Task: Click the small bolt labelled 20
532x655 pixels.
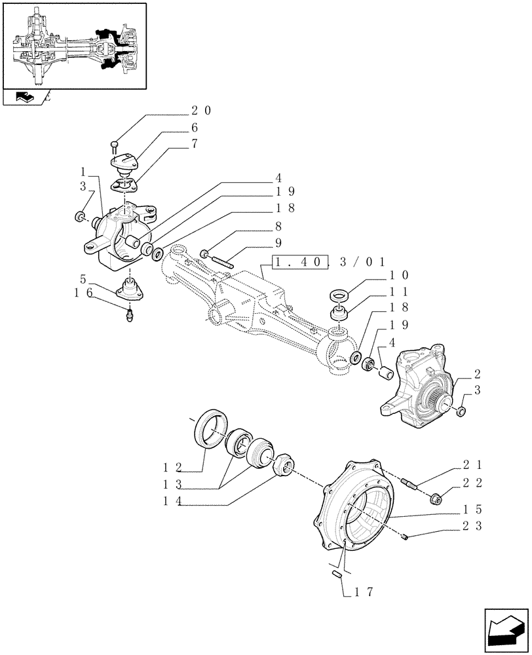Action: pyautogui.click(x=115, y=145)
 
